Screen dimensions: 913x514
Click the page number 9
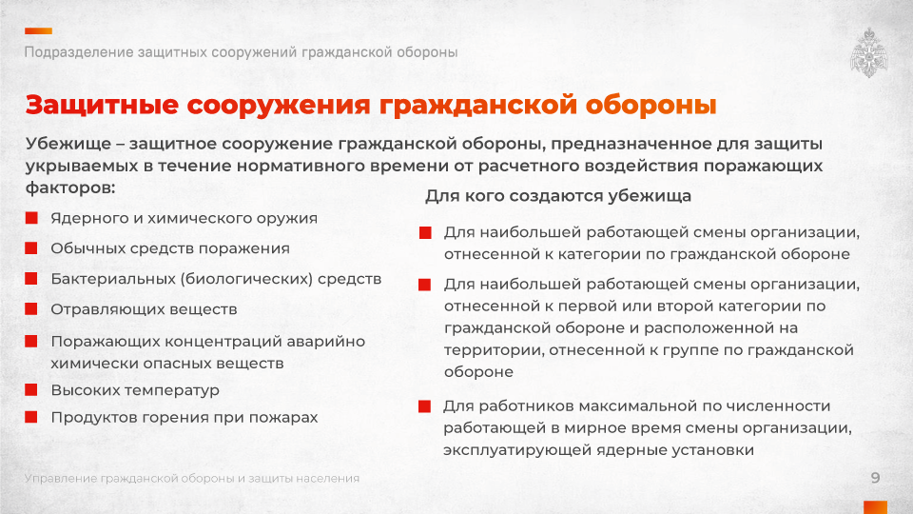click(x=875, y=478)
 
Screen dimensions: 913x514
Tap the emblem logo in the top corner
click(x=868, y=52)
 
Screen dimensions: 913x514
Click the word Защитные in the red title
click(x=102, y=105)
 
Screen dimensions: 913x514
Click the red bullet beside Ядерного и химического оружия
click(x=31, y=218)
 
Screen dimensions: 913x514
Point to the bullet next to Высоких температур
click(x=31, y=389)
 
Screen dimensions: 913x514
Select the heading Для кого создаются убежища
click(x=558, y=196)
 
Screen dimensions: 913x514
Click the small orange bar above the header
click(x=38, y=30)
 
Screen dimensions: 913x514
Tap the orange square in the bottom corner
click(x=875, y=507)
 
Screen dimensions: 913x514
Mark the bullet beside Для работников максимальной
click(x=424, y=406)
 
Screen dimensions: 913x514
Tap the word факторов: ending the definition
click(x=70, y=188)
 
